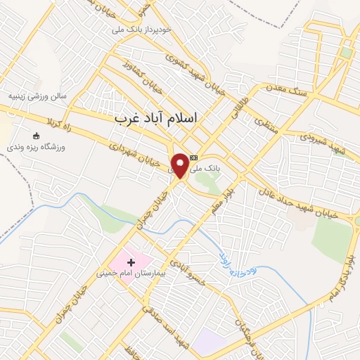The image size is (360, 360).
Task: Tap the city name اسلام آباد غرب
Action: point(166,120)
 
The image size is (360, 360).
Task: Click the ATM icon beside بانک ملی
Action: point(194,157)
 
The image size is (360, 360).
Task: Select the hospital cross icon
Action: point(131,262)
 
